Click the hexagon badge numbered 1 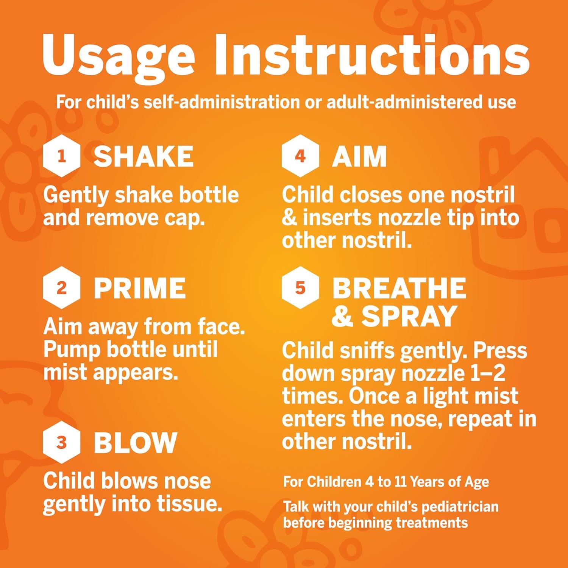[61, 157]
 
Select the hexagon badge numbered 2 [61, 288]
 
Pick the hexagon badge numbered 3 [61, 443]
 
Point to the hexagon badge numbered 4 [300, 156]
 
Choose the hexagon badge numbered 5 [300, 288]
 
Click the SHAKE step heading [144, 156]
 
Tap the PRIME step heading [140, 288]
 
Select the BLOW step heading [136, 442]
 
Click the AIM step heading [359, 156]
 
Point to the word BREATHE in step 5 [399, 288]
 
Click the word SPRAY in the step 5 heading [409, 316]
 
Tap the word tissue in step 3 [191, 504]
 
